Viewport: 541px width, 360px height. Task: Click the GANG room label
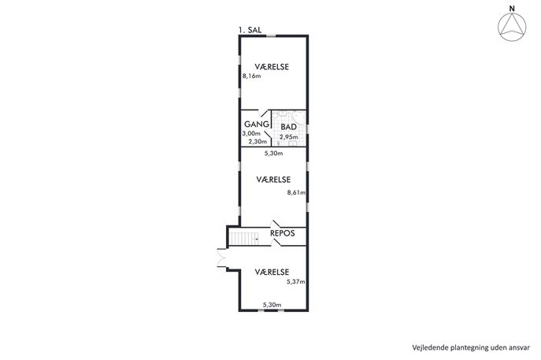pyautogui.click(x=257, y=124)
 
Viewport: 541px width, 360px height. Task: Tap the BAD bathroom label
pyautogui.click(x=289, y=127)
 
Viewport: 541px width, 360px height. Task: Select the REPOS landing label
pyautogui.click(x=282, y=233)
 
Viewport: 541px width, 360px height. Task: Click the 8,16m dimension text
pyautogui.click(x=251, y=76)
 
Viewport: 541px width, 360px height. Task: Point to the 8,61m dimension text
pyautogui.click(x=296, y=192)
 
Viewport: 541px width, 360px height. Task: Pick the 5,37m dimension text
pyautogui.click(x=295, y=282)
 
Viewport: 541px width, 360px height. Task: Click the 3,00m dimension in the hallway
pyautogui.click(x=251, y=134)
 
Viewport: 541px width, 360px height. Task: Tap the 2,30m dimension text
pyautogui.click(x=258, y=142)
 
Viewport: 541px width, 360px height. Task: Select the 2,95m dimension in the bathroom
pyautogui.click(x=289, y=137)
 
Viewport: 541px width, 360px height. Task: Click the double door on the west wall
pyautogui.click(x=221, y=258)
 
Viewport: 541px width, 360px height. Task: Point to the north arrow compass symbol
pyautogui.click(x=512, y=28)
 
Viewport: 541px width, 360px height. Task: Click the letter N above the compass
pyautogui.click(x=513, y=9)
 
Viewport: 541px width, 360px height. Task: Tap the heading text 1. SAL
pyautogui.click(x=250, y=30)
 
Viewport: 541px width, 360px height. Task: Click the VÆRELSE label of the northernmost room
pyautogui.click(x=272, y=67)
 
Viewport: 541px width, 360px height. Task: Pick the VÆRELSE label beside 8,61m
pyautogui.click(x=273, y=180)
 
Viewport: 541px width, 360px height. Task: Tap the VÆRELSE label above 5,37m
pyautogui.click(x=272, y=272)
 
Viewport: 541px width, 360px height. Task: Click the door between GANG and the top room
pyautogui.click(x=264, y=113)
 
